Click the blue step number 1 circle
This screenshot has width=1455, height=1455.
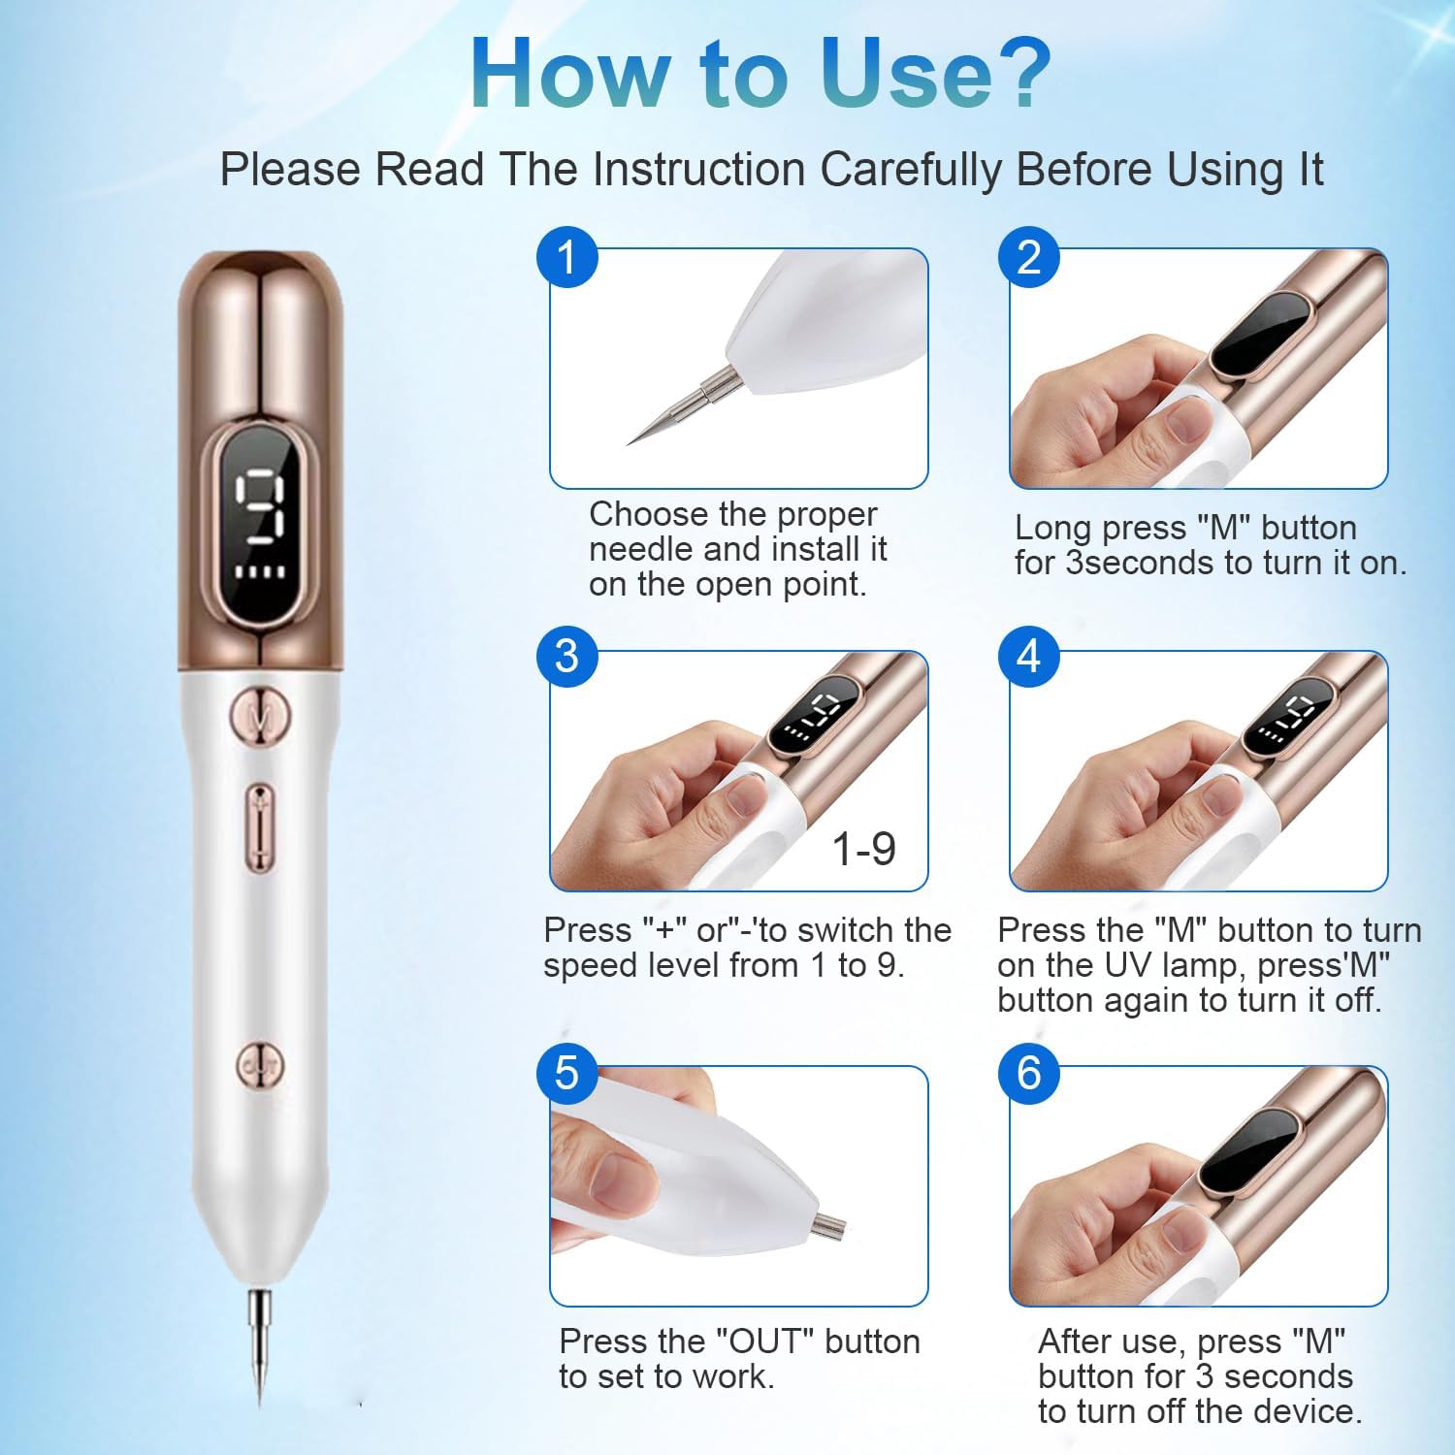tap(567, 257)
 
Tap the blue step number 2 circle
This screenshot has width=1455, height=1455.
tap(1029, 257)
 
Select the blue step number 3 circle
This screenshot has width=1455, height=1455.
tap(567, 656)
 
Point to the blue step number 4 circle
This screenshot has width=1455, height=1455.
tap(1029, 656)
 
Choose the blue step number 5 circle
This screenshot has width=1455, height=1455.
tap(567, 1074)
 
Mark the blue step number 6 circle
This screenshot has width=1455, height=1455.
tap(1029, 1074)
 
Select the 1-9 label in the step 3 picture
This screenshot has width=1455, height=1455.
tap(863, 849)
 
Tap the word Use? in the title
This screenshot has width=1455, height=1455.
tap(935, 75)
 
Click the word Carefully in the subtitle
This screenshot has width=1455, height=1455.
tap(910, 170)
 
